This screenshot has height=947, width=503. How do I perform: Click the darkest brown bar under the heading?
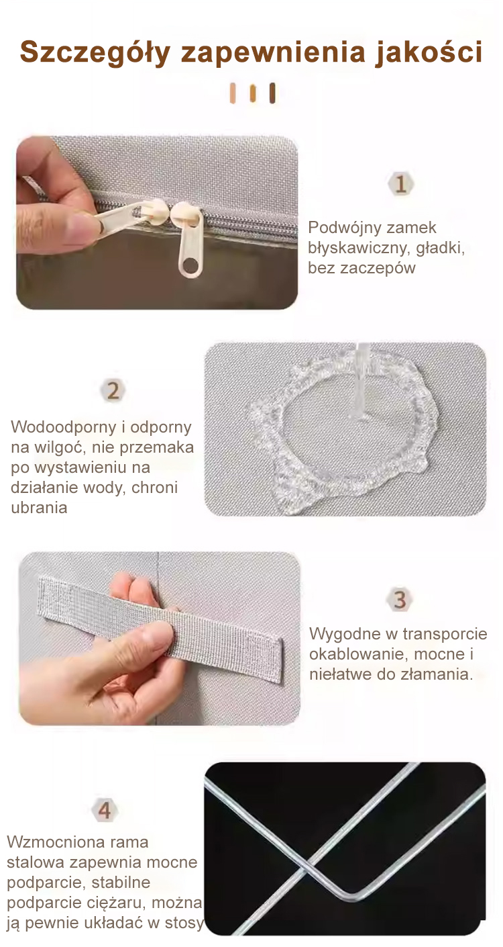[272, 93]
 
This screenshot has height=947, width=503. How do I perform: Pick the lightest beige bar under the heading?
[232, 93]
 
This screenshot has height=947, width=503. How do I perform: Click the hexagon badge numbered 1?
[400, 184]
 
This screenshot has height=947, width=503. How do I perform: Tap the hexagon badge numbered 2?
[113, 390]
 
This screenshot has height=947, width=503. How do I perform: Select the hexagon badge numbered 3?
[400, 600]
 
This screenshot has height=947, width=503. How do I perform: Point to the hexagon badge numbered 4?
[105, 811]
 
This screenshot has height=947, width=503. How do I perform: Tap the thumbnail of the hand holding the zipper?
[157, 222]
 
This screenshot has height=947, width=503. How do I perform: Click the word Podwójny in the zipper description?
[343, 228]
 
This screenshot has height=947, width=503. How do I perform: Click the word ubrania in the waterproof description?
[39, 507]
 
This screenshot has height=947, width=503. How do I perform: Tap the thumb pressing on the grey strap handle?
[152, 638]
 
